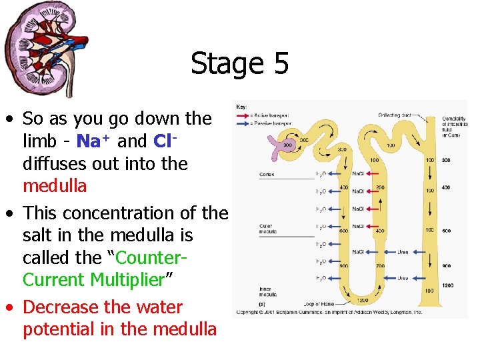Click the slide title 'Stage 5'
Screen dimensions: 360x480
[x=239, y=64]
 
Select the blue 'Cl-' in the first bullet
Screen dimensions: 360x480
[x=164, y=141]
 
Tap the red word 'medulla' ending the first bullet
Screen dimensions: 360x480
[x=55, y=186]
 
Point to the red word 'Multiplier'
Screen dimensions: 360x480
[x=127, y=280]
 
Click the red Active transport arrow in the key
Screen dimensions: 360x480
[x=243, y=115]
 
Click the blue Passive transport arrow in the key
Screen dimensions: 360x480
[x=243, y=123]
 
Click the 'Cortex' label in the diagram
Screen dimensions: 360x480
[x=267, y=175]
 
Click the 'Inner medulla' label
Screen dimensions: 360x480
[x=267, y=292]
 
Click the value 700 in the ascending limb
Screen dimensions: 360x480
[x=379, y=266]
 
